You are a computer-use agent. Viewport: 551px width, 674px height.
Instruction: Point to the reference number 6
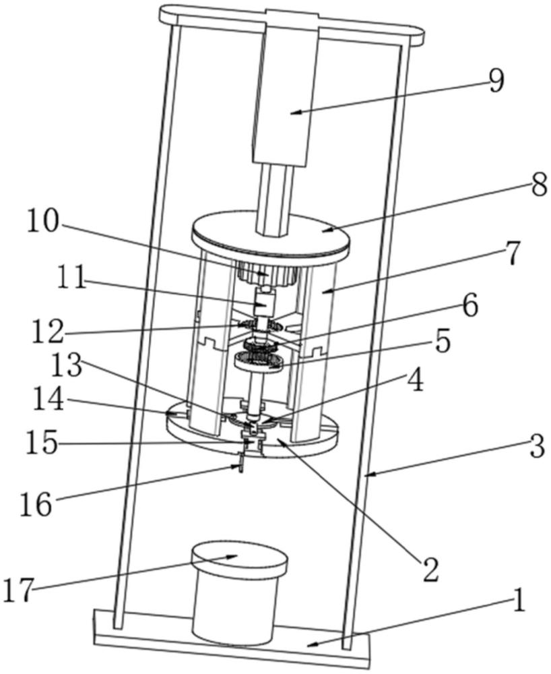[469, 307]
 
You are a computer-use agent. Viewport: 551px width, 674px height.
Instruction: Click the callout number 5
[441, 342]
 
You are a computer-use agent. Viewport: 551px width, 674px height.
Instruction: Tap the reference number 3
[536, 446]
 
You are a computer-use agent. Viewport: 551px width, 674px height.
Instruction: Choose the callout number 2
[430, 570]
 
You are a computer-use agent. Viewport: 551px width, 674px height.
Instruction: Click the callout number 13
[66, 366]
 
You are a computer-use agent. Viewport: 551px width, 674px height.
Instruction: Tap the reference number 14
[47, 400]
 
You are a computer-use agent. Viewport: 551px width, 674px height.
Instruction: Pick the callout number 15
[41, 443]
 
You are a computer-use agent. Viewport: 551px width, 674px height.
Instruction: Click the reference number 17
[18, 590]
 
